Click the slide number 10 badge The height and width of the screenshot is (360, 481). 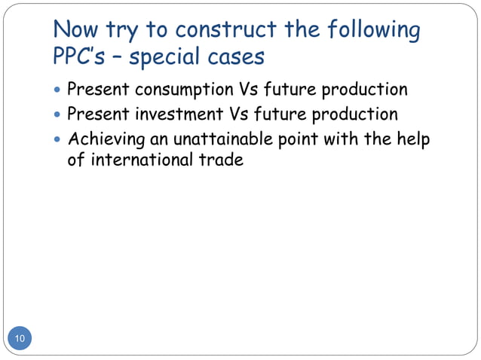click(20, 339)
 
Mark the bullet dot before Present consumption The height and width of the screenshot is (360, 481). click(59, 90)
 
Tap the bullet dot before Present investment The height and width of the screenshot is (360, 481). click(59, 115)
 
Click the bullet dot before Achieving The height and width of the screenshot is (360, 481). click(59, 140)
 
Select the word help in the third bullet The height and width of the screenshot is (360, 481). click(413, 140)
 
